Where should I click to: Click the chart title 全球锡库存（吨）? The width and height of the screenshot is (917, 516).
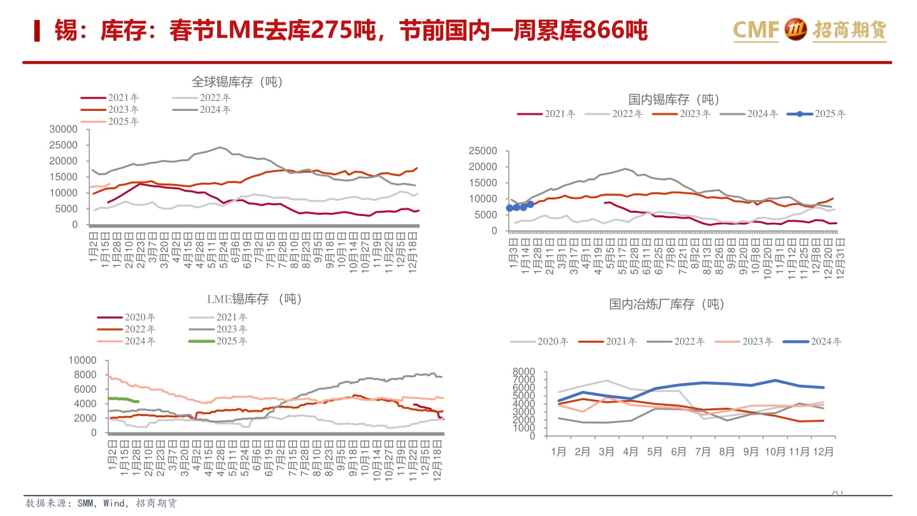(x=237, y=82)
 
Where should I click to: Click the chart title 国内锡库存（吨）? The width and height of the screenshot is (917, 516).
(x=673, y=99)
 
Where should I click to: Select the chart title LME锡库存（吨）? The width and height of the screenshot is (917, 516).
(x=254, y=299)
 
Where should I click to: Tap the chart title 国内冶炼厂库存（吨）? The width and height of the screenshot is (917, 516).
(x=666, y=305)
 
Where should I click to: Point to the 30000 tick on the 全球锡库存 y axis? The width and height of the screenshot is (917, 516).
(x=63, y=129)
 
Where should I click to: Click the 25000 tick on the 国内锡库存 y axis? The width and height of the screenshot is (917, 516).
(x=482, y=151)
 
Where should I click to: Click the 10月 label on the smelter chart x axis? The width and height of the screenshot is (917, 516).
(x=775, y=452)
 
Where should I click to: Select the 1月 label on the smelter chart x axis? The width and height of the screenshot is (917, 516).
(x=558, y=452)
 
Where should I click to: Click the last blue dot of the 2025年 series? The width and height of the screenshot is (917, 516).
(x=530, y=204)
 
